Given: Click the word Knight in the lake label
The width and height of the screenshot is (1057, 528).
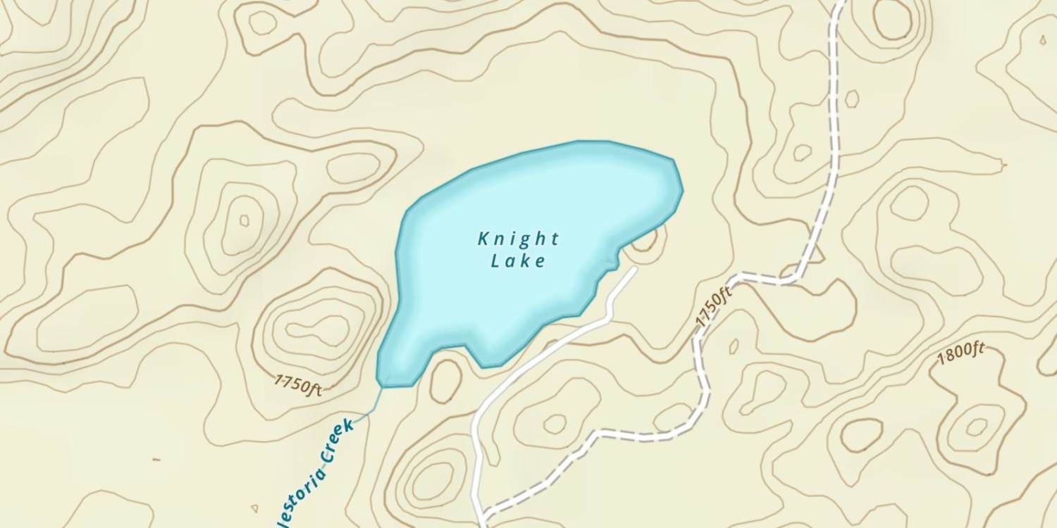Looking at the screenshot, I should click(519, 239).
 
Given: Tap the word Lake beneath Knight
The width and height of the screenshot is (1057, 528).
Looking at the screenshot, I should click(519, 261).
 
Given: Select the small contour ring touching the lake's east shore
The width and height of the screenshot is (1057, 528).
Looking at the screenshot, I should click(646, 241).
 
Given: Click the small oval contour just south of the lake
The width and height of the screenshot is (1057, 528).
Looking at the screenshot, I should click(445, 381).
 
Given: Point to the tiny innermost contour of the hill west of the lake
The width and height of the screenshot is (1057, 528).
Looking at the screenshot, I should click(245, 220).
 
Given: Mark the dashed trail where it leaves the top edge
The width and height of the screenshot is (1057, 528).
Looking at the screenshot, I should click(839, 4).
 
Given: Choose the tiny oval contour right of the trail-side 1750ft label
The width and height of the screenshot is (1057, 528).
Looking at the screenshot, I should click(734, 346).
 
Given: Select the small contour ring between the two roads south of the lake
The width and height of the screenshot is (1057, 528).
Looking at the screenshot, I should click(555, 424).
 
